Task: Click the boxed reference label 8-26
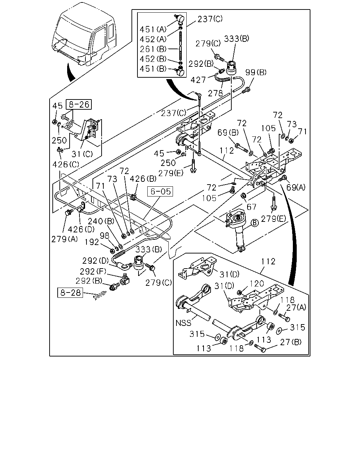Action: pos(79,104)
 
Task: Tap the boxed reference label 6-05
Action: pos(160,191)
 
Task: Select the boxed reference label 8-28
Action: pos(70,292)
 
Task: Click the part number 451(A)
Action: pos(153,29)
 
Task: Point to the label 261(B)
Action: pos(153,49)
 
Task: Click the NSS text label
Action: pos(184,323)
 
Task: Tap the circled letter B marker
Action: pos(255,223)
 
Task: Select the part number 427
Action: pos(198,80)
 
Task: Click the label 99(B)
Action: pos(256,72)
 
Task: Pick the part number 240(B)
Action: pos(101,221)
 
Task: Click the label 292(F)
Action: pos(93,271)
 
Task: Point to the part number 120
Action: pos(257,284)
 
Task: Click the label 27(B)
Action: pos(291,342)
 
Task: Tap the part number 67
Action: pos(251,207)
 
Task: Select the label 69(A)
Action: pos(296,187)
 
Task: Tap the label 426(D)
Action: pos(81,229)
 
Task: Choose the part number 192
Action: pos(92,242)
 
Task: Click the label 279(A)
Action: pos(64,239)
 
